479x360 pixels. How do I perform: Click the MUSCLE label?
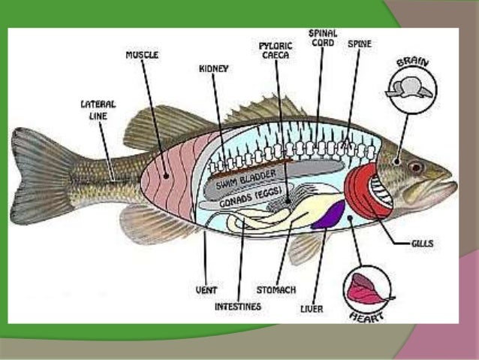click(x=141, y=55)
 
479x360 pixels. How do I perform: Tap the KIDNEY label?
click(x=214, y=68)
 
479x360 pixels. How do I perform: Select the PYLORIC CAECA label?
click(x=276, y=50)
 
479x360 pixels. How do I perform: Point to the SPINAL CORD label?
click(x=323, y=38)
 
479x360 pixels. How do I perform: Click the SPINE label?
click(x=359, y=44)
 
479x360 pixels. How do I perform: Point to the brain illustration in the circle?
click(x=408, y=88)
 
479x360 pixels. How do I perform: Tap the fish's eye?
click(x=415, y=166)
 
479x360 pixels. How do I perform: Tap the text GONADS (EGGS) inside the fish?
click(x=249, y=201)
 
